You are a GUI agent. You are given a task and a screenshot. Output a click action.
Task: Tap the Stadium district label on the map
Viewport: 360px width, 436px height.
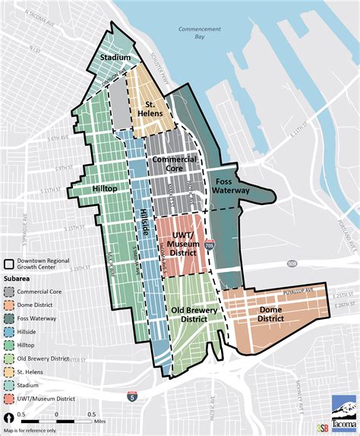[116, 58]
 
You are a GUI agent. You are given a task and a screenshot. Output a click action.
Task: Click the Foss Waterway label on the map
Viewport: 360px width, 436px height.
[232, 187]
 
